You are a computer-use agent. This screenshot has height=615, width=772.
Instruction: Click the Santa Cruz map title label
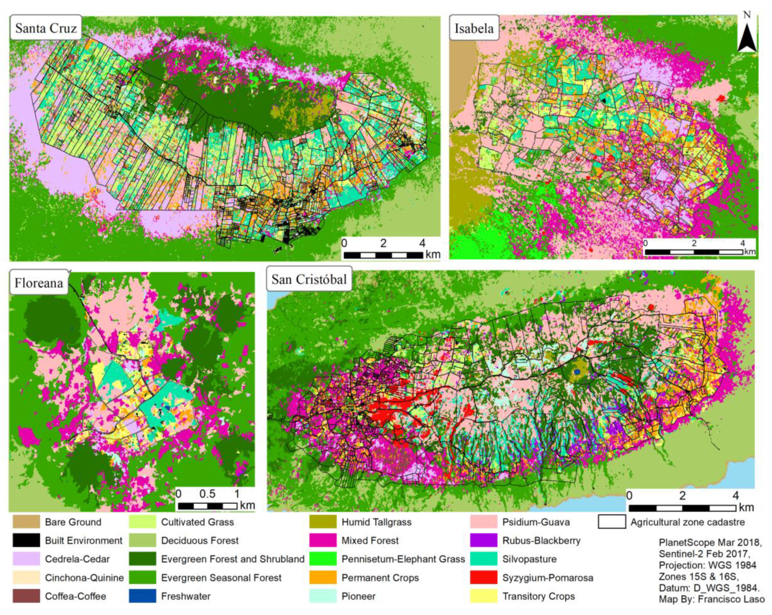[x=46, y=28]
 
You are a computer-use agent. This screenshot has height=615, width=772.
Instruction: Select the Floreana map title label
[x=39, y=283]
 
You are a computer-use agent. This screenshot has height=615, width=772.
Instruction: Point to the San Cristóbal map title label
[x=309, y=279]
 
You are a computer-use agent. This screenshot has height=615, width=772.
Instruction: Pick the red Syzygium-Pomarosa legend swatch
[x=483, y=577]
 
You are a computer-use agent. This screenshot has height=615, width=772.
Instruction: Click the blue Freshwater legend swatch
[x=142, y=596]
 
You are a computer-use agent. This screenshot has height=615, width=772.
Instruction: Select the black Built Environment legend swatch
[x=26, y=540]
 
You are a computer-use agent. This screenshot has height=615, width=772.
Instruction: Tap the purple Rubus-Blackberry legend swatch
[x=483, y=540]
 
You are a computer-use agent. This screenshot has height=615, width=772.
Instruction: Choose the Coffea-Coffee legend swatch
[x=26, y=596]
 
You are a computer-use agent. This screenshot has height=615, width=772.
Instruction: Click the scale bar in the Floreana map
[x=207, y=506]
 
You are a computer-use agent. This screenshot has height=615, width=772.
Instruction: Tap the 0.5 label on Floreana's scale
[x=207, y=494]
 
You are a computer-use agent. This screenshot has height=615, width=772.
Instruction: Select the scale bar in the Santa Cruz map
[x=383, y=255]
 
